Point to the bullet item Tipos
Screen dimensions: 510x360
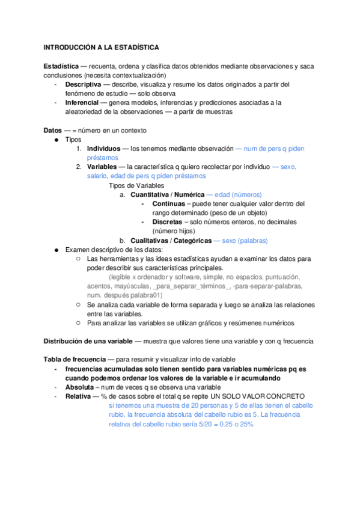(73, 140)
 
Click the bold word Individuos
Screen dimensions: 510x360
(103, 149)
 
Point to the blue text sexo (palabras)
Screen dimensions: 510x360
(245, 241)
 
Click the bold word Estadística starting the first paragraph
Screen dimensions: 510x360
(64, 66)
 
